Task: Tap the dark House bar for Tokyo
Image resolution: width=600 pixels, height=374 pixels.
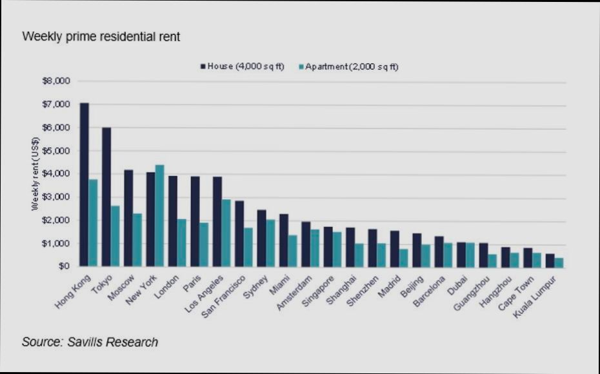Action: click(x=106, y=197)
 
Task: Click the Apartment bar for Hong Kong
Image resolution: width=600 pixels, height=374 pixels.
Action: click(x=93, y=222)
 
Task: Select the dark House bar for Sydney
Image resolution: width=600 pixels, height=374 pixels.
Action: click(x=261, y=238)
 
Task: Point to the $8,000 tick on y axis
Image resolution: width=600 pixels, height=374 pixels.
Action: click(x=55, y=81)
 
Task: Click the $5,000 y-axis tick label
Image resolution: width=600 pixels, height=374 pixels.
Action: click(x=55, y=151)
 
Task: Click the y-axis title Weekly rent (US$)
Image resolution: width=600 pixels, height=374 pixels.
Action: click(x=36, y=173)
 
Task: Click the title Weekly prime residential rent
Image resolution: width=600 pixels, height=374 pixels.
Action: click(x=101, y=37)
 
